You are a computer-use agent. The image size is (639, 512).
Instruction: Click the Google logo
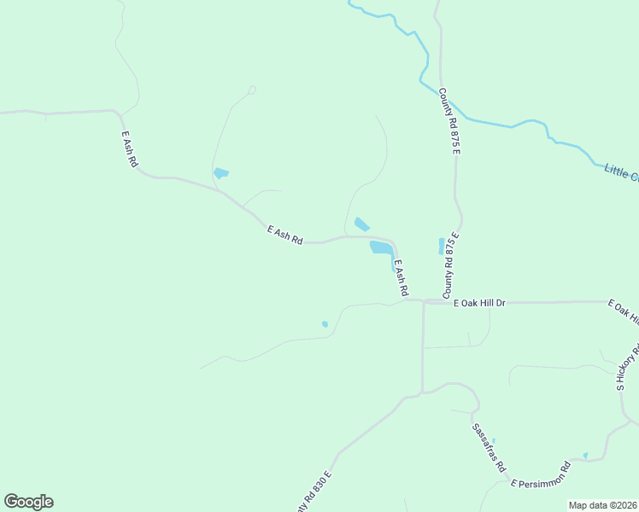pos(28,502)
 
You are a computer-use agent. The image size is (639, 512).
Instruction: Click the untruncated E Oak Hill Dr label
pos(479,303)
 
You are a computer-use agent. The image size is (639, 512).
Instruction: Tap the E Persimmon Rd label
pos(541,475)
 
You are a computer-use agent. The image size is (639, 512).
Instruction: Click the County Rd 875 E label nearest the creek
pos(450,120)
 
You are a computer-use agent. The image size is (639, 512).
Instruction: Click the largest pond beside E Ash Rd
pos(381,247)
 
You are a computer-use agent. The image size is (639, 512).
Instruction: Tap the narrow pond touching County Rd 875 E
pos(442,246)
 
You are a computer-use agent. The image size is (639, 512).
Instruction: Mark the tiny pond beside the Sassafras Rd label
pos(493,441)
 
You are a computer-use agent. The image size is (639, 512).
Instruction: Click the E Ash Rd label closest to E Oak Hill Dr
pos(401,279)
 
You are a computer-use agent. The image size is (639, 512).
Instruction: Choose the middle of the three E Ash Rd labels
pos(285,236)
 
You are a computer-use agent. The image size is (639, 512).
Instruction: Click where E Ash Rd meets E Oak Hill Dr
pos(407,300)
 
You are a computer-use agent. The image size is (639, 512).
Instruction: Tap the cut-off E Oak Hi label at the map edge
pos(623,312)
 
